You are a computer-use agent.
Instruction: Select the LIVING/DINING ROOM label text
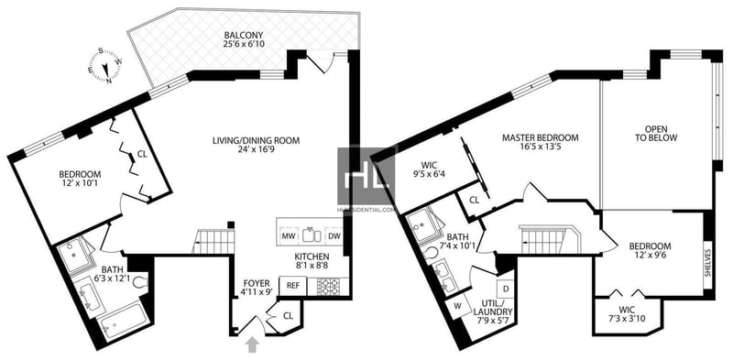tap(257, 140)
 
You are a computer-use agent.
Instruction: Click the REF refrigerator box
tap(292, 285)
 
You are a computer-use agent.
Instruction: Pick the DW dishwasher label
tap(334, 236)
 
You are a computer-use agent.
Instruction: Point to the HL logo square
tap(366, 176)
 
